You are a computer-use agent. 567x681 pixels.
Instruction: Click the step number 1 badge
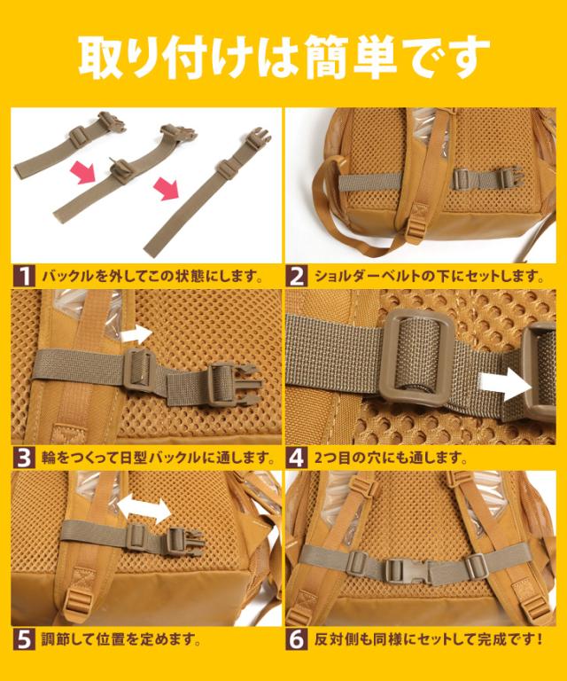24,277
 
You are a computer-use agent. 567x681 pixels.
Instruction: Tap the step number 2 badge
297,277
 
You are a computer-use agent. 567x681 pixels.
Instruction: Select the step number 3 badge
24,458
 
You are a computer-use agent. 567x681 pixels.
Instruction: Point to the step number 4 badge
297,458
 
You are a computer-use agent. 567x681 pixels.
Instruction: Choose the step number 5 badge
24,639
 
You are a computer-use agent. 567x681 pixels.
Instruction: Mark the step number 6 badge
297,639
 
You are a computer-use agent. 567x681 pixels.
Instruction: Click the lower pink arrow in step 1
167,190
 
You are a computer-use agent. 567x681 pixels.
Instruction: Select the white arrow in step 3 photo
136,335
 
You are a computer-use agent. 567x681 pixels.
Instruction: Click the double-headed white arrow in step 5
144,510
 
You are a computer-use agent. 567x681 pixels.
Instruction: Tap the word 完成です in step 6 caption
506,639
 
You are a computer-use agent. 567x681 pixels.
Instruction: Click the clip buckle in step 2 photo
509,177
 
